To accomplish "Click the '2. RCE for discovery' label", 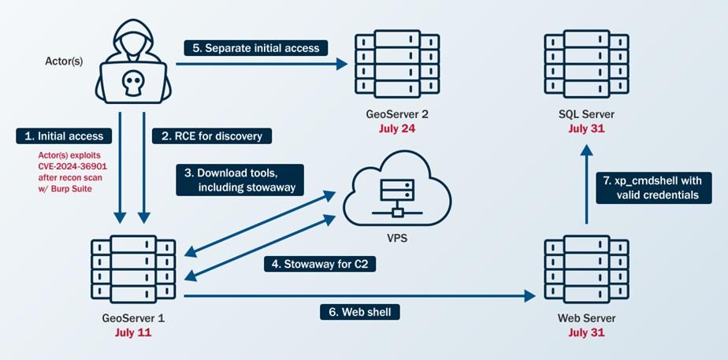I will [x=211, y=135].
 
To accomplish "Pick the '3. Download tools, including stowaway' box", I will [x=240, y=180].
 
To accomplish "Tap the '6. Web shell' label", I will [x=359, y=312].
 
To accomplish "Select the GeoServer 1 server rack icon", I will [x=132, y=269].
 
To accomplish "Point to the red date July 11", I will [x=132, y=332].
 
